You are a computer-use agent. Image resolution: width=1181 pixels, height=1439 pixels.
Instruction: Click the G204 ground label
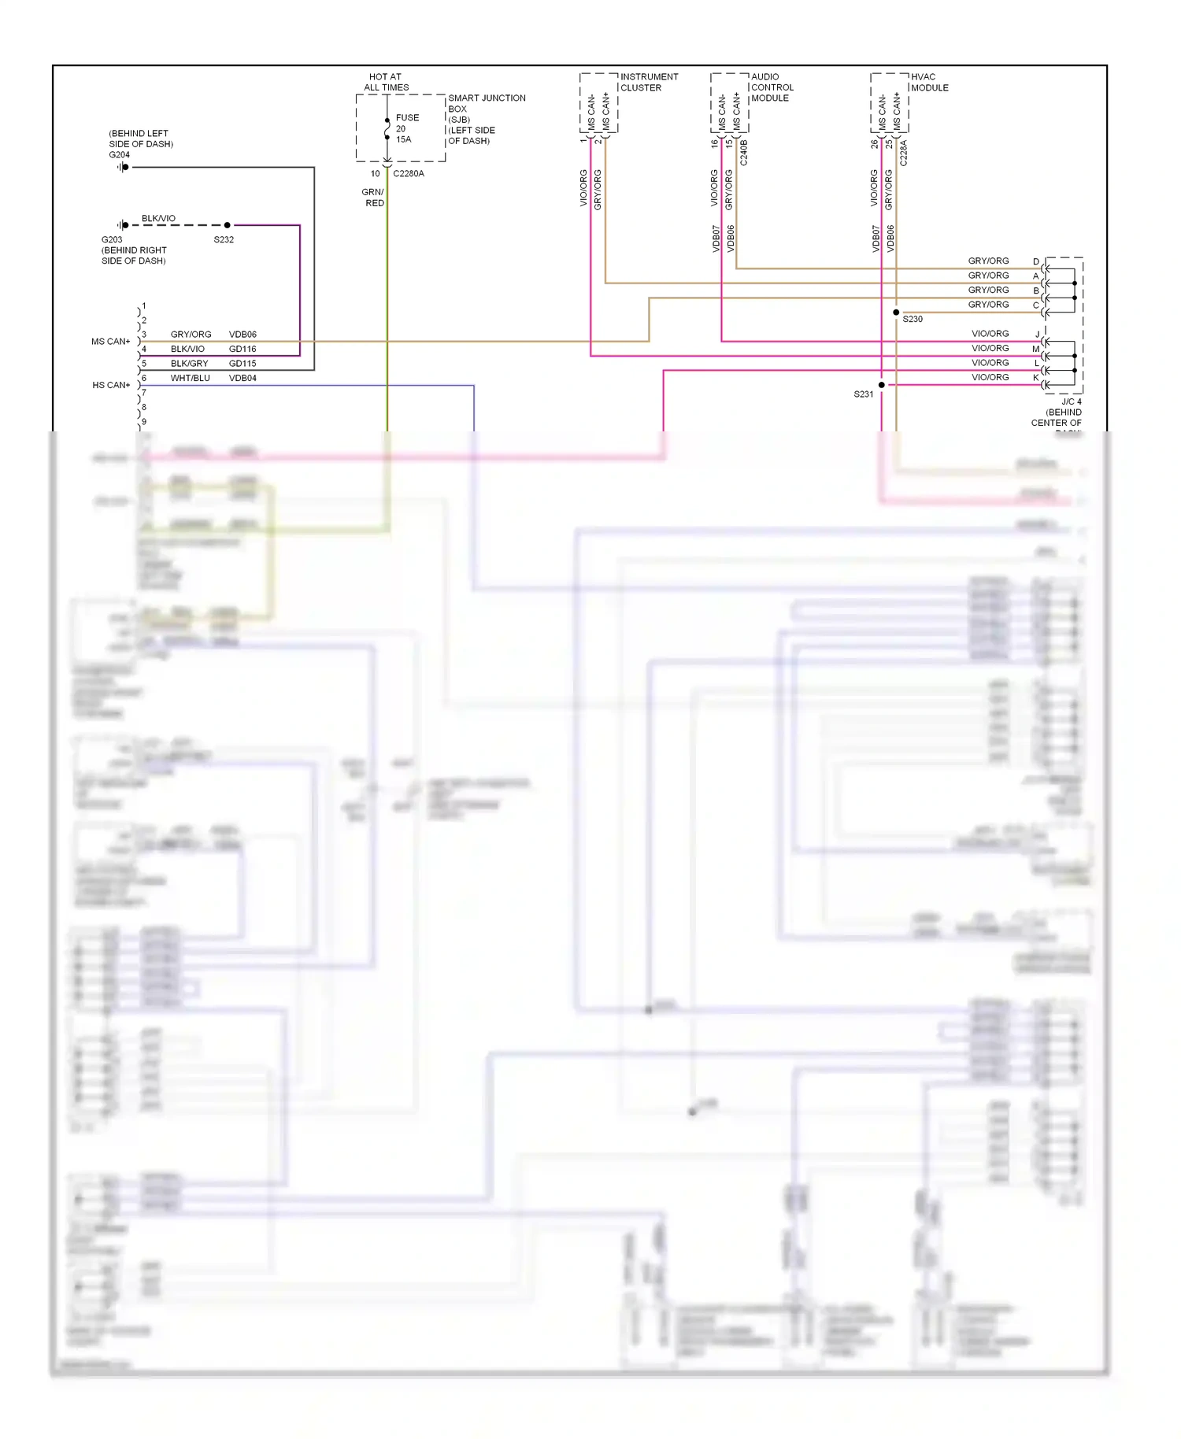(119, 155)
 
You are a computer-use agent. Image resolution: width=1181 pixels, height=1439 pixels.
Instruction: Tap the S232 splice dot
(228, 225)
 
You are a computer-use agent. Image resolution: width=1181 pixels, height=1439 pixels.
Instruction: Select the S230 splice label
(913, 319)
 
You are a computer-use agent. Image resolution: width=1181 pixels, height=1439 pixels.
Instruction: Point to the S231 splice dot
(882, 385)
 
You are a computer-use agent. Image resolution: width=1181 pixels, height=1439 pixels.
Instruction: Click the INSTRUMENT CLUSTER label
(649, 82)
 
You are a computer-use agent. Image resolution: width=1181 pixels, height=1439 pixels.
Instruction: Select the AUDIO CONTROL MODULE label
(772, 87)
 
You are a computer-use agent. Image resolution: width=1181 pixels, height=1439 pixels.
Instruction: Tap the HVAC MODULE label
(929, 82)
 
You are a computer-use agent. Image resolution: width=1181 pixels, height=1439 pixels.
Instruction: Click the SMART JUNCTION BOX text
(486, 103)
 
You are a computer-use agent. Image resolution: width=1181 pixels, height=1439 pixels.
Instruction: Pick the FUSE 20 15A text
(406, 128)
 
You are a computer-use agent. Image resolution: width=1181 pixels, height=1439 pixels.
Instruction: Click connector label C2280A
(409, 173)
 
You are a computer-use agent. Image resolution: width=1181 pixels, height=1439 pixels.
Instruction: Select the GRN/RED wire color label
(373, 198)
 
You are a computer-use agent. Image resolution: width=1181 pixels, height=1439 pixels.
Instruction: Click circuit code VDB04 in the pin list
(242, 378)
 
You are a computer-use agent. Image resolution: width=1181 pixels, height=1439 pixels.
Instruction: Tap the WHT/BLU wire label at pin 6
(190, 378)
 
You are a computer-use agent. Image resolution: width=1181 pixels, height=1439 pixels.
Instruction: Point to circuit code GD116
(242, 349)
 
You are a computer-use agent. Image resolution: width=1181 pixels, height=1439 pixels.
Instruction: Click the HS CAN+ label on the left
(111, 385)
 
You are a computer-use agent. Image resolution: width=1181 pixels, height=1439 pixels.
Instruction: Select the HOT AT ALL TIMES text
(386, 82)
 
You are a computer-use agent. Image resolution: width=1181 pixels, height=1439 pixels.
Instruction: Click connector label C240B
(744, 153)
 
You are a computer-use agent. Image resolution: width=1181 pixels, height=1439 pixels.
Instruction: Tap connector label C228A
(904, 153)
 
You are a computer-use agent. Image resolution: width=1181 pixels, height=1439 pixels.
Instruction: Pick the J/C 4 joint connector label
(1071, 401)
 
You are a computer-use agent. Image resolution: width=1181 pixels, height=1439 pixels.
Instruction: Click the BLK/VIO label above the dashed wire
(158, 218)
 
